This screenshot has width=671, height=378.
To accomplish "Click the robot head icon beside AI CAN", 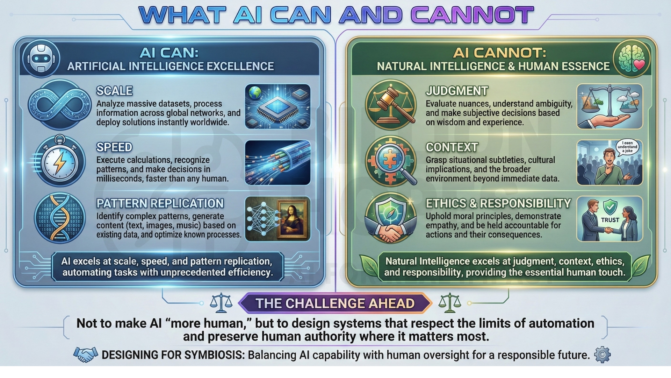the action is point(41,58).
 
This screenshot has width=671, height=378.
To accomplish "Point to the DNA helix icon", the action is point(59,218).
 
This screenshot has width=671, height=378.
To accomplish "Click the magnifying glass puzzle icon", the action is point(391,161).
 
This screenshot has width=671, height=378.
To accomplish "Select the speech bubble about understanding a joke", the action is point(627,147).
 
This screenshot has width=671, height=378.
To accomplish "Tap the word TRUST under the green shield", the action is point(610,220).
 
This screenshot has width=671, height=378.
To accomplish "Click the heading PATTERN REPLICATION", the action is point(160,203).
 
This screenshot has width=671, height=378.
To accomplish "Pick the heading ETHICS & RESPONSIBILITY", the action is point(498,203).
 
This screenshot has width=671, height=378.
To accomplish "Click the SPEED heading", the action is point(114,147).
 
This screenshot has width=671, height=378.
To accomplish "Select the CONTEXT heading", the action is point(452,147).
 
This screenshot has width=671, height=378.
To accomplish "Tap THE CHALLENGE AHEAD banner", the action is point(335,303).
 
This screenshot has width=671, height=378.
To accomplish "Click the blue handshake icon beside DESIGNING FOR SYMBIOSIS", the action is point(86,355).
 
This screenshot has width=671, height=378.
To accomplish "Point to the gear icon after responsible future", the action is point(602,355).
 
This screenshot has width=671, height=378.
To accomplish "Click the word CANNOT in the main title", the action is point(472,15).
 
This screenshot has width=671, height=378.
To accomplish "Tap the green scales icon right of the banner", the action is point(449,303).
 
